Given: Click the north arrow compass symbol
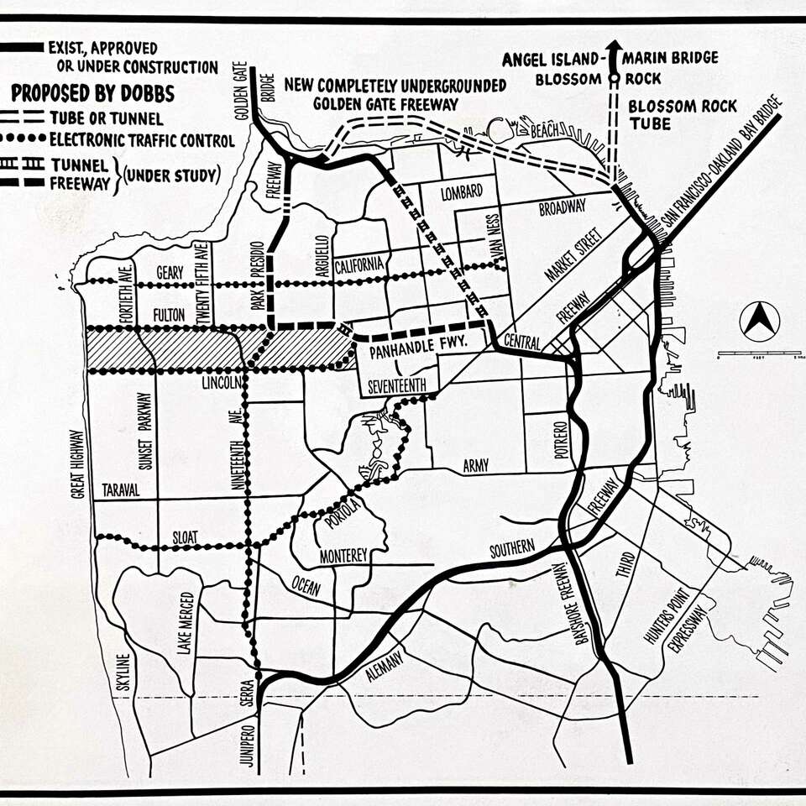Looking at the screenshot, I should tap(759, 321).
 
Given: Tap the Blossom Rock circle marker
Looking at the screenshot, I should tap(615, 79).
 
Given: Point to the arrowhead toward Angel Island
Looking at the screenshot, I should tap(615, 48).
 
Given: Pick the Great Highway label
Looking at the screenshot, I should tap(77, 464).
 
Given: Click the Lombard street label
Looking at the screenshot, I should tap(461, 193).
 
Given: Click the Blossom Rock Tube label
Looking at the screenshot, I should tap(683, 114).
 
